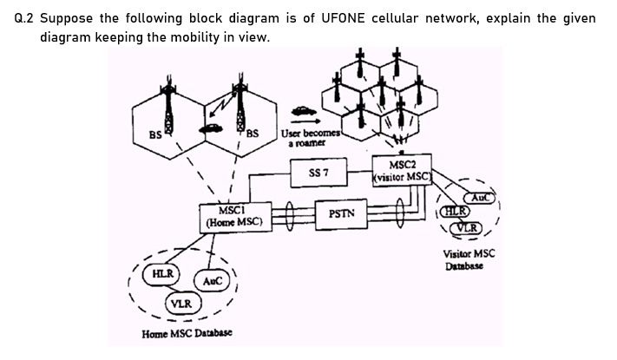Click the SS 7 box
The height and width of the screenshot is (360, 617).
coord(318,172)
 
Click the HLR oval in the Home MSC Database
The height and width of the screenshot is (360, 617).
coord(162,274)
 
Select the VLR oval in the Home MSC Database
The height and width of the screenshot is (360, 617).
coord(181,304)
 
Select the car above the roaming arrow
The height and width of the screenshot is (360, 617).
coord(303,111)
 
